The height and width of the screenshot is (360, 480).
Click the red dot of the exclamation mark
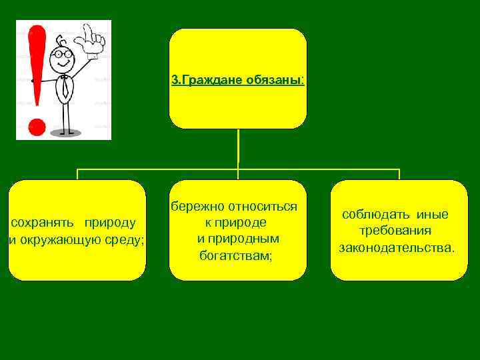coord(38,127)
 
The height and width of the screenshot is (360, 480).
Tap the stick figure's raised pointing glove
coord(92,39)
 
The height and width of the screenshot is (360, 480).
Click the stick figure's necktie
coord(65,86)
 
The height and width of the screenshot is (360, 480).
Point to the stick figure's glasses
coord(61,53)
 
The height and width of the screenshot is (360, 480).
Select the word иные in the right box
coord(433,215)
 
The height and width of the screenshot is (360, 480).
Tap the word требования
coord(395,231)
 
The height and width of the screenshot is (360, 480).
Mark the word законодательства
coord(397,248)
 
